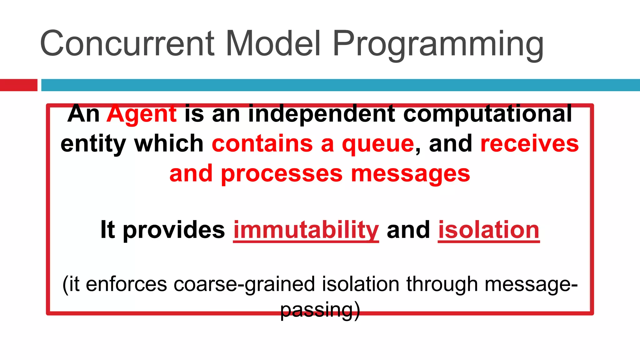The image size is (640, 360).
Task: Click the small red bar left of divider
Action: coord(18,85)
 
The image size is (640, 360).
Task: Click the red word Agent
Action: coord(142,114)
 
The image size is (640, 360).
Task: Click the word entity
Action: coord(93,144)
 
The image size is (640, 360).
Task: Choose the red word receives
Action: coord(529,144)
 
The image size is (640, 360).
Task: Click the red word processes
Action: coord(282,174)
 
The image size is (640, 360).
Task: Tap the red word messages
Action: coord(410,174)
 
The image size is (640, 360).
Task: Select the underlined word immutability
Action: coord(306,230)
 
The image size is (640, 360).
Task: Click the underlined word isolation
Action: coord(489,230)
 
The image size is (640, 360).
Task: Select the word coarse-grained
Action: coord(244,285)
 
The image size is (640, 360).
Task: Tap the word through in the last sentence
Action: coord(442,285)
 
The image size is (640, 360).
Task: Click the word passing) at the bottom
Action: coord(320,310)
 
